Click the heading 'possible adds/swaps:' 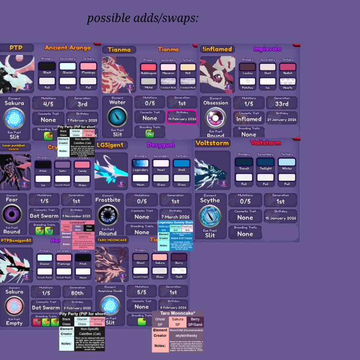(x=143, y=18)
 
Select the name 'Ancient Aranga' (x=67, y=48)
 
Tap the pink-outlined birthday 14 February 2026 (x=182, y=119)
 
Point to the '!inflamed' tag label (x=217, y=49)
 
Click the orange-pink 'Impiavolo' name (x=267, y=49)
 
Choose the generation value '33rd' (x=281, y=104)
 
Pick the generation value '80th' (x=77, y=293)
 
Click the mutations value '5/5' (x=142, y=292)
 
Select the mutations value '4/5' (x=48, y=104)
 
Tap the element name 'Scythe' (x=210, y=201)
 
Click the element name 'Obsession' (x=216, y=103)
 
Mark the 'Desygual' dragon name (x=161, y=145)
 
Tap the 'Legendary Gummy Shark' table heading (x=175, y=223)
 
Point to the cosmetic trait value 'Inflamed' (x=248, y=119)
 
